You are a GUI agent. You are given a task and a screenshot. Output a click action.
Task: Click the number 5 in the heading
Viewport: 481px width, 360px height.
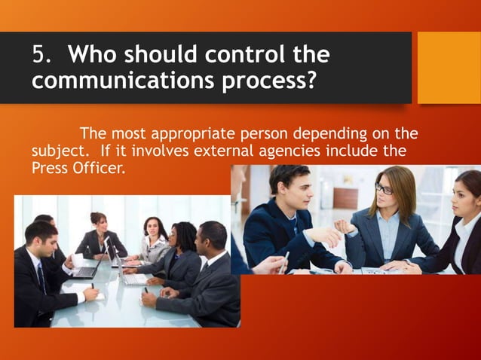[x=38, y=56]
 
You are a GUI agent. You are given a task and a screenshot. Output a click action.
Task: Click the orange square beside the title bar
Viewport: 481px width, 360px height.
[x=449, y=67]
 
